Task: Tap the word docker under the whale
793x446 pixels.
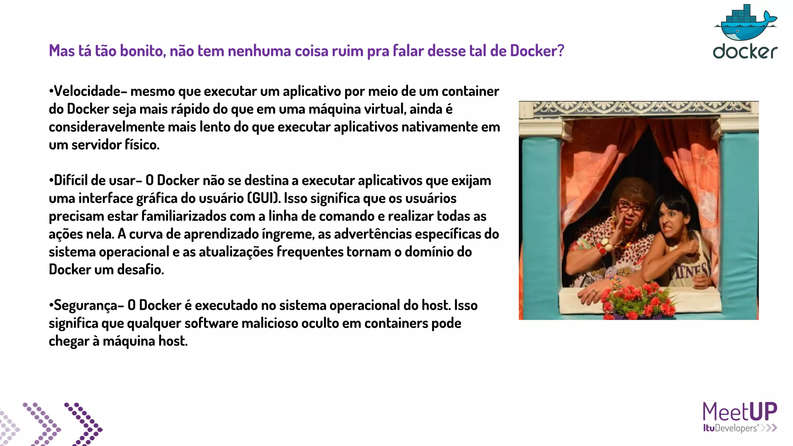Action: (x=745, y=51)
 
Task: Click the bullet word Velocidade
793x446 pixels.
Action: (x=87, y=91)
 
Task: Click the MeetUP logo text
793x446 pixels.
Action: (x=740, y=412)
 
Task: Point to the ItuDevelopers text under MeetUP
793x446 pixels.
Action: (x=730, y=428)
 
